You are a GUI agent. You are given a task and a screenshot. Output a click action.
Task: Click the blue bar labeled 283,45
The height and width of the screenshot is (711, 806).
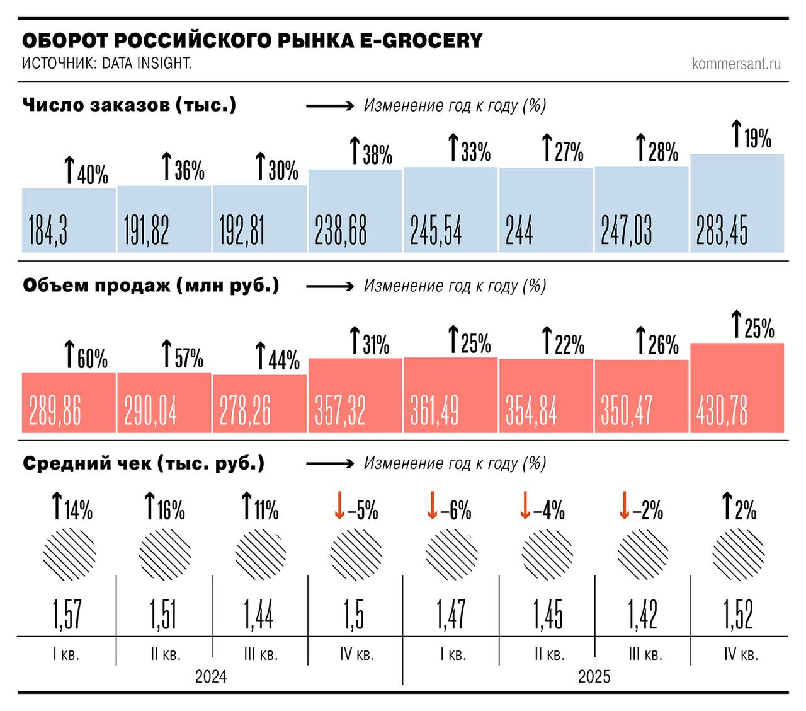737,203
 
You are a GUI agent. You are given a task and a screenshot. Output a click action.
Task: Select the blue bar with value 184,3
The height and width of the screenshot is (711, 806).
69,220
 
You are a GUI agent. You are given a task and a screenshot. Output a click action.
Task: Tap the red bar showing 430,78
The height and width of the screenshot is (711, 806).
737,388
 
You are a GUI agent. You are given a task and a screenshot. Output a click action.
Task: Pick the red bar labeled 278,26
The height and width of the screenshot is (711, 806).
259,403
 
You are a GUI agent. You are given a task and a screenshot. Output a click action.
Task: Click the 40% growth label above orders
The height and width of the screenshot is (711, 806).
86,172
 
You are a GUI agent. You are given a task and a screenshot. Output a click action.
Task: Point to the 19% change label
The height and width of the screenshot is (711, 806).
752,136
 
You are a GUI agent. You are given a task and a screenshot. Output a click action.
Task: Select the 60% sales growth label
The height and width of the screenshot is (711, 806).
86,356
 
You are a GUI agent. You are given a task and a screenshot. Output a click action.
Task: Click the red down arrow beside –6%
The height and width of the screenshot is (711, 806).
432,506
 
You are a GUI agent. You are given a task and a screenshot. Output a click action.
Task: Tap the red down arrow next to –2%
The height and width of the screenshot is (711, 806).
623,506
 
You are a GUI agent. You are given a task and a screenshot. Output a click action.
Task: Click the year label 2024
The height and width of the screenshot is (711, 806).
210,676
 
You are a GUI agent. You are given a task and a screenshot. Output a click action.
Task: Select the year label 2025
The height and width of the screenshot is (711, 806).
594,676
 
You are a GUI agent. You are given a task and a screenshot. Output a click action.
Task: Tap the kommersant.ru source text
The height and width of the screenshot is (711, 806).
736,64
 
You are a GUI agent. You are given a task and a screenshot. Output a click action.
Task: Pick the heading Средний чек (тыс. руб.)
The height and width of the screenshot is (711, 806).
144,464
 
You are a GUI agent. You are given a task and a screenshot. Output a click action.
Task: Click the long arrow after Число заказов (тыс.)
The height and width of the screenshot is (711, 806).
331,106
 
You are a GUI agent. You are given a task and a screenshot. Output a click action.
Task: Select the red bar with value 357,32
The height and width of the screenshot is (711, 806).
355,395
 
